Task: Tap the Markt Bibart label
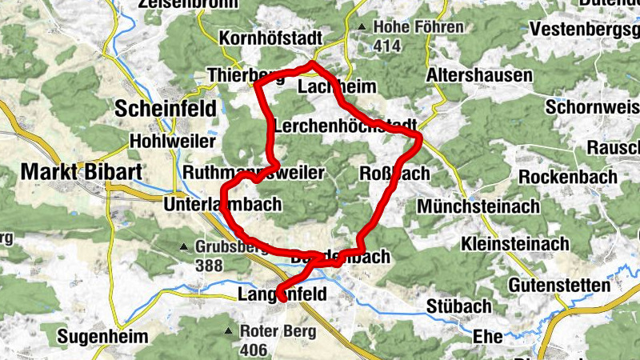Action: pyautogui.click(x=71, y=171)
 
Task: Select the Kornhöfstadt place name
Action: pyautogui.click(x=270, y=38)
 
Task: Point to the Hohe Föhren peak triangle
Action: pyautogui.click(x=362, y=28)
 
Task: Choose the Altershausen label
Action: pyautogui.click(x=480, y=75)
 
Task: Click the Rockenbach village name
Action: pyautogui.click(x=568, y=176)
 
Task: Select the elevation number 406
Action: pyautogui.click(x=253, y=350)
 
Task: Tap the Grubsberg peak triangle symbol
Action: pyautogui.click(x=184, y=246)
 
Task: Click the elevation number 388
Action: pyautogui.click(x=210, y=265)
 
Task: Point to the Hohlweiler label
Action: pyautogui.click(x=172, y=141)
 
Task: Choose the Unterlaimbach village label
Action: pyautogui.click(x=222, y=205)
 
